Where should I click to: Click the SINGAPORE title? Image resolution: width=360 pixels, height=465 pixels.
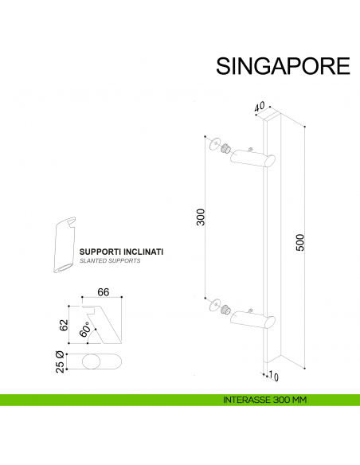click(283, 65)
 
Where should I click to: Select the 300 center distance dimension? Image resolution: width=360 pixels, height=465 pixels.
click(201, 216)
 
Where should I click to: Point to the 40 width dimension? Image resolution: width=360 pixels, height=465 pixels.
click(259, 107)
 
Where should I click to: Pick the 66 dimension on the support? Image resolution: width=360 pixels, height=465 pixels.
click(103, 292)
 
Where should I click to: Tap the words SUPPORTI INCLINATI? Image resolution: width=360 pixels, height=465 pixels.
click(122, 252)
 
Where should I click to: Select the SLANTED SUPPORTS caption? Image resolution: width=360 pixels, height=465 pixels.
click(110, 261)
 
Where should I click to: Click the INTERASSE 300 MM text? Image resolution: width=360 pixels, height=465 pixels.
click(266, 399)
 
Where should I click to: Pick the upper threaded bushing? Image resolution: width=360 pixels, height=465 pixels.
click(225, 149)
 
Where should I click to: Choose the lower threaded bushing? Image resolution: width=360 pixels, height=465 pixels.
click(225, 309)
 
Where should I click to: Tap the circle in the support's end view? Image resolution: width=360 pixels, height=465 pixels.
click(92, 362)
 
